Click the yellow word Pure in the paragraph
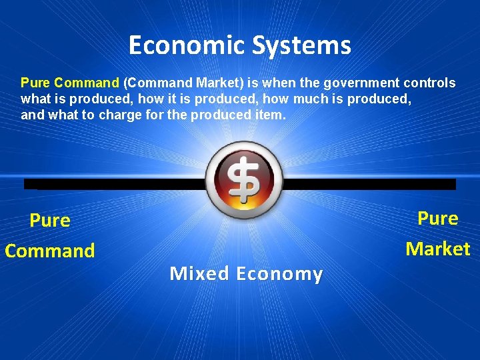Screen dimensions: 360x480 [x=35, y=83]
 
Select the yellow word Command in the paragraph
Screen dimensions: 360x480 [x=87, y=83]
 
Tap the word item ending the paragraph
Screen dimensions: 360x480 [x=271, y=115]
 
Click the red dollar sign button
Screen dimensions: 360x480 [x=244, y=179]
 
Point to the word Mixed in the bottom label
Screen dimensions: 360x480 [x=199, y=273]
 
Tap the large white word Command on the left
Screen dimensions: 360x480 [x=50, y=251]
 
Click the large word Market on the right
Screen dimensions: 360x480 [x=438, y=249]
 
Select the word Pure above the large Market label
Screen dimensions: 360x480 [x=438, y=218]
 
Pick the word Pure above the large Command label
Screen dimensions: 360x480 [x=50, y=220]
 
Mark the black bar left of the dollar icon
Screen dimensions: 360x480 [x=113, y=184]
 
